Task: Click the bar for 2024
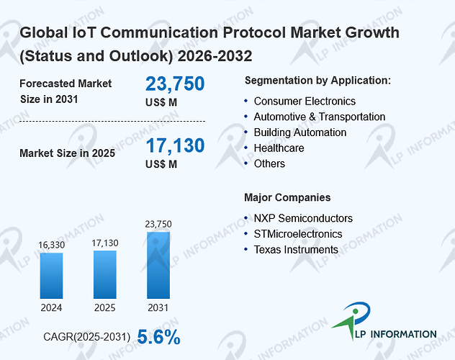pos(51,276)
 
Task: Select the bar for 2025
pos(105,274)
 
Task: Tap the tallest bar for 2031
pos(158,265)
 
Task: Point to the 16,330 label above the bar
pos(52,245)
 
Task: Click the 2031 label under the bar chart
pos(158,307)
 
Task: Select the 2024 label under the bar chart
pos(51,307)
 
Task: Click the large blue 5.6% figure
pos(158,337)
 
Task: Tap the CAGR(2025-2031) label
pos(87,337)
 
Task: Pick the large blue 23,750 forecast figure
pos(175,84)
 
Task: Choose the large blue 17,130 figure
pos(175,145)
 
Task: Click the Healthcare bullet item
pos(279,148)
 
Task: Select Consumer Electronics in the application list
pos(305,102)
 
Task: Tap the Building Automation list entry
pos(300,132)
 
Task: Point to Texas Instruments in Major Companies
pos(296,249)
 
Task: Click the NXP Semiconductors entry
pos(303,218)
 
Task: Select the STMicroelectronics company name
pos(298,234)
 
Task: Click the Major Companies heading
pos(287,197)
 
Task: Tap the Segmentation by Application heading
pos(317,81)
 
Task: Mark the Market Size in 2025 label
pos(68,153)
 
